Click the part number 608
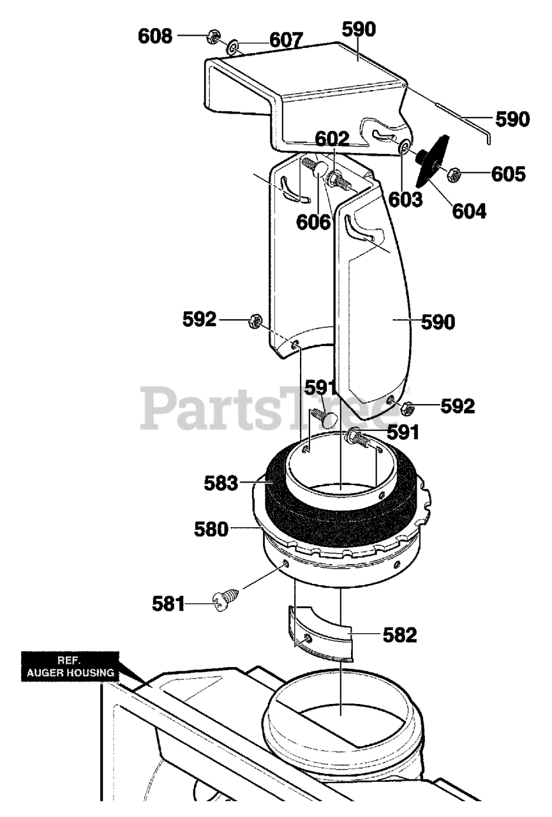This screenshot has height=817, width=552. (x=155, y=36)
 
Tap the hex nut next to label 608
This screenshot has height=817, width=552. (x=213, y=38)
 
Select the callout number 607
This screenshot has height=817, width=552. (x=285, y=40)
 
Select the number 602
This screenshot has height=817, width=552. (x=332, y=139)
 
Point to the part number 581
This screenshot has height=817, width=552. (x=168, y=603)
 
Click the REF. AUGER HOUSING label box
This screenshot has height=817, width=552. (x=70, y=666)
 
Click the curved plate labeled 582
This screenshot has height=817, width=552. (x=319, y=632)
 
